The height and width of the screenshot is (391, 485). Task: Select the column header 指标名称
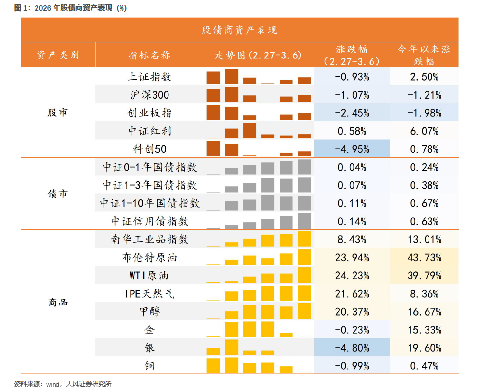149,55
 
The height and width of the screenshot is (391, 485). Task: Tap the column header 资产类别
58,55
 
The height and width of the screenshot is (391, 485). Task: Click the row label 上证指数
149,77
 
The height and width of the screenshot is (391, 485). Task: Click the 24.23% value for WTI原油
352,276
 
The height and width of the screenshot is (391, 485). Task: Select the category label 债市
57,194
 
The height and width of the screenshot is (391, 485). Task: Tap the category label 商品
58,302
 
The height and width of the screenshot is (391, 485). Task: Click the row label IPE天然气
149,294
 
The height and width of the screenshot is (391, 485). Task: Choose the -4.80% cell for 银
352,348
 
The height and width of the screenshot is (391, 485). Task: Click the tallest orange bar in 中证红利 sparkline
249,131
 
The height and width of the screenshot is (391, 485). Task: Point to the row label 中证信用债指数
149,221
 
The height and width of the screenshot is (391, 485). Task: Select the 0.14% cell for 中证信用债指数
352,221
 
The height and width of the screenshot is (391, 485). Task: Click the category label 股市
57,113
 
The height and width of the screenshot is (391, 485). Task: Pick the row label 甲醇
149,312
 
